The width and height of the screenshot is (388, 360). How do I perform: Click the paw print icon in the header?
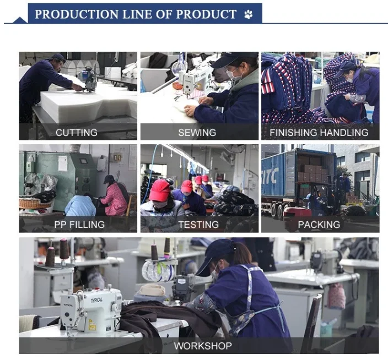pyautogui.click(x=249, y=14)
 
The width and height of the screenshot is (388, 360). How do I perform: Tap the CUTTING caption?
pyautogui.click(x=77, y=133)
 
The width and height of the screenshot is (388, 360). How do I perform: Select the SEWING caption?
pyautogui.click(x=197, y=133)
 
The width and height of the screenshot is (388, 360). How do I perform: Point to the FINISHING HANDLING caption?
pyautogui.click(x=319, y=133)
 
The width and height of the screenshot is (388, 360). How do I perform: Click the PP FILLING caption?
pyautogui.click(x=79, y=225)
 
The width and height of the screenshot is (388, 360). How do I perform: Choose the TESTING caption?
pyautogui.click(x=198, y=225)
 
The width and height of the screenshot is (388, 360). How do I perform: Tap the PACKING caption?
pyautogui.click(x=319, y=225)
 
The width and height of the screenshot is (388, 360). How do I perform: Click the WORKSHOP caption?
pyautogui.click(x=203, y=346)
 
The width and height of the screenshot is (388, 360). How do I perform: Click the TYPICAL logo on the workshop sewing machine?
pyautogui.click(x=96, y=300)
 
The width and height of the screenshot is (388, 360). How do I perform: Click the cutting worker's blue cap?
pyautogui.click(x=58, y=58)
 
